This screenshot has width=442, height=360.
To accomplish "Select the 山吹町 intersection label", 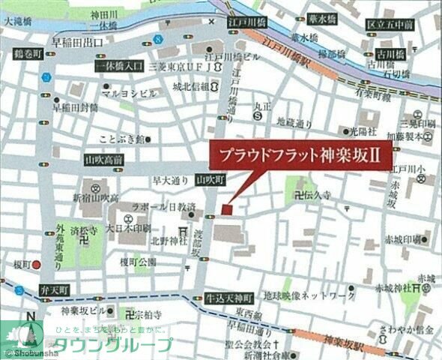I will click(210, 180).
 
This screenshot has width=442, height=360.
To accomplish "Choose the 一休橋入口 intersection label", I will click(119, 67).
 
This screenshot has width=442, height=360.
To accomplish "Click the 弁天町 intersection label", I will click(54, 289).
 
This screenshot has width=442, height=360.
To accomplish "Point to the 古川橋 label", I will click(390, 55).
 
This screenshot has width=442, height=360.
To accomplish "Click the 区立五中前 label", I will click(390, 25).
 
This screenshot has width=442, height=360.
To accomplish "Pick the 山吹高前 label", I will click(104, 160).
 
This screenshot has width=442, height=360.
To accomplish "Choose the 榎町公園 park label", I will click(138, 261).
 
